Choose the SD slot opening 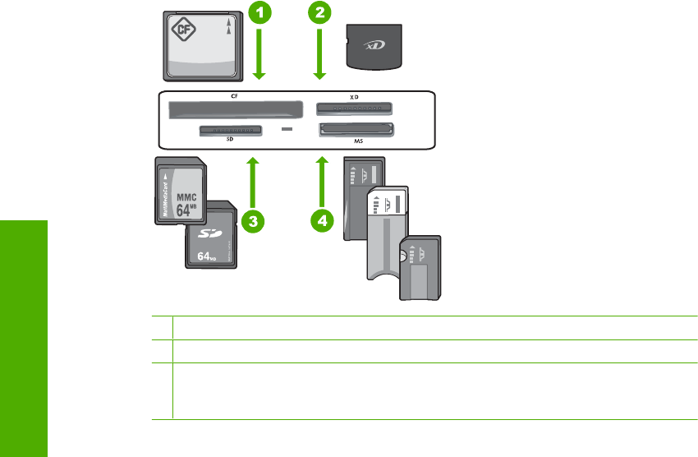(x=229, y=130)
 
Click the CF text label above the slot (x=223, y=97)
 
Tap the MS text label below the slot (x=358, y=141)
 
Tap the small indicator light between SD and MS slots (x=287, y=130)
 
